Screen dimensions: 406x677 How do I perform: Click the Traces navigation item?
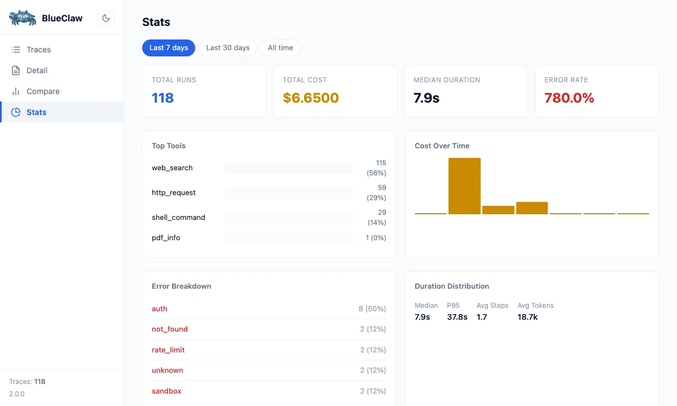point(38,50)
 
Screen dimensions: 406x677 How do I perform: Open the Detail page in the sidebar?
point(37,70)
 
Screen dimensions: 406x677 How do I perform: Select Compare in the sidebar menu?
point(43,91)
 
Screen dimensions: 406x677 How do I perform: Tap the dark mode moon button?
point(105,18)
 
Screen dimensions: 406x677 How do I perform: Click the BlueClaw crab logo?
point(23,18)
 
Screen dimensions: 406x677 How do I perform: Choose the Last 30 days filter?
point(228,48)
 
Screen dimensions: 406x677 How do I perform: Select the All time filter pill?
point(280,48)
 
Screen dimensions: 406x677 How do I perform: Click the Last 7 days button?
point(169,48)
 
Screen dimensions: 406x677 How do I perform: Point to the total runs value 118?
point(162,98)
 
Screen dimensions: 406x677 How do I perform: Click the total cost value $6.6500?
point(310,98)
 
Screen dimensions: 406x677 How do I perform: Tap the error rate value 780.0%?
point(569,98)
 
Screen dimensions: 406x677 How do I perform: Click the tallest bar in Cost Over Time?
point(464,186)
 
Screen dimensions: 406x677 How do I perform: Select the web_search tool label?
point(172,167)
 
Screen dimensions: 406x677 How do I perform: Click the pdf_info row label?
point(166,237)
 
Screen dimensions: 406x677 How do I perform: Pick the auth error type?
point(160,308)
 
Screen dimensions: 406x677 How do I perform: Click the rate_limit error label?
point(168,350)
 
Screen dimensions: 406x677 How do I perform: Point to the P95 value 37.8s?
point(457,317)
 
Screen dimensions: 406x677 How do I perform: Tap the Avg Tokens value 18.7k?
point(527,317)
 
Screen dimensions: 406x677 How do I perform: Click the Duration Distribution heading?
point(451,286)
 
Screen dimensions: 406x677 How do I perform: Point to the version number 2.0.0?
point(17,394)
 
